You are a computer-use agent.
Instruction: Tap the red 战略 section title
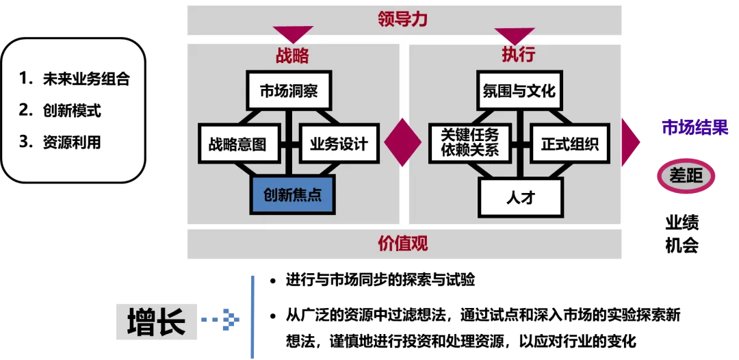tap(292, 55)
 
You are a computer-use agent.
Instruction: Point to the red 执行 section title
tap(518, 55)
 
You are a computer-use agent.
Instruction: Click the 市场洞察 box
tap(289, 91)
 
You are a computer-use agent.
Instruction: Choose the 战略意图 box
tap(239, 144)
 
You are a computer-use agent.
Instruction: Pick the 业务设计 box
tap(339, 144)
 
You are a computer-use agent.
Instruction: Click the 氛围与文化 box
tap(519, 91)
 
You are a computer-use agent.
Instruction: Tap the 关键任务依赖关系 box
tap(469, 144)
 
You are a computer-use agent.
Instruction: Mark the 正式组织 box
tap(569, 144)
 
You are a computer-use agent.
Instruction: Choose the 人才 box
tap(520, 198)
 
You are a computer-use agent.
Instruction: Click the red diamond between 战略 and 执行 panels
tap(402, 142)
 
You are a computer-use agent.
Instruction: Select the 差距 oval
tap(686, 177)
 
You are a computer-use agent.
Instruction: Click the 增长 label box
tap(156, 322)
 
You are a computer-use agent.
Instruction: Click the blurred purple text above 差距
tap(694, 127)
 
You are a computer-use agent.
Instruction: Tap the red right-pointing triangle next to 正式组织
tap(630, 142)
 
